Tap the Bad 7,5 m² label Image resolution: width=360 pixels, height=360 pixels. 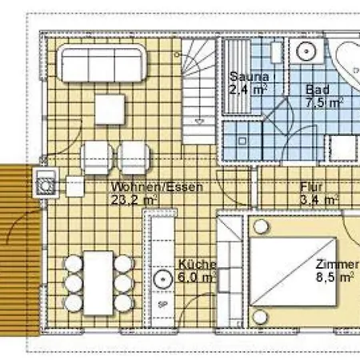click(323, 96)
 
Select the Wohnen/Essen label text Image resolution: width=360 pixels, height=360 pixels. click(157, 186)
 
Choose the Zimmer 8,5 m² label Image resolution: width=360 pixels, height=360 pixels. click(337, 270)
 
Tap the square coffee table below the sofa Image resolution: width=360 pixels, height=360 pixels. click(110, 109)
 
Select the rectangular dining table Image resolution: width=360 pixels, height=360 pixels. click(98, 282)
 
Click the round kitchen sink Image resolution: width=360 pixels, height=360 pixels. click(163, 279)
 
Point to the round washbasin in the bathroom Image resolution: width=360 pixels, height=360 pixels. click(306, 51)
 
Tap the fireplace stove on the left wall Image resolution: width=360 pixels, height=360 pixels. click(46, 183)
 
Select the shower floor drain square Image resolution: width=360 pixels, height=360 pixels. click(242, 141)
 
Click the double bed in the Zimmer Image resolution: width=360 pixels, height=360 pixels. click(293, 272)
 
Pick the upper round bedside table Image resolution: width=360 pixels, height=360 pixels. click(261, 226)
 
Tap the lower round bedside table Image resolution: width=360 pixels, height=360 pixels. click(260, 317)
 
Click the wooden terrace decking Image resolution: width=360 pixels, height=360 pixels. click(18, 250)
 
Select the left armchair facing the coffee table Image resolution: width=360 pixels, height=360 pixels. click(97, 158)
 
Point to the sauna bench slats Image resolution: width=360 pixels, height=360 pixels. click(237, 77)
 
